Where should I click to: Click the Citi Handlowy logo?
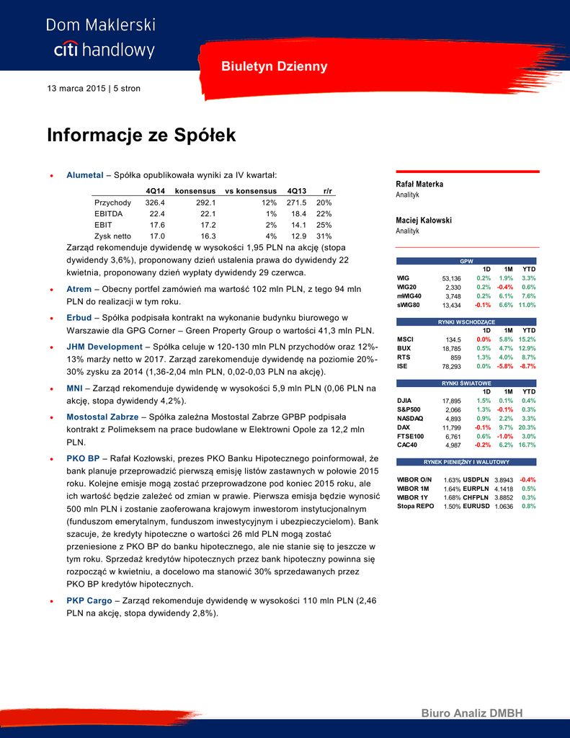pos(101,37)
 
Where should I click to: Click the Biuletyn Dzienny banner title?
pos(274,67)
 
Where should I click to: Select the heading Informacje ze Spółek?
pos(141,135)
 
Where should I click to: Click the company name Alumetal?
pos(85,175)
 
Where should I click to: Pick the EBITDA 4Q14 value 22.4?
pos(157,213)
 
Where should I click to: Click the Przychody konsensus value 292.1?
pos(206,203)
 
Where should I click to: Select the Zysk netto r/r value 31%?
pos(324,235)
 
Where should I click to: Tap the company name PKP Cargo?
pos(89,600)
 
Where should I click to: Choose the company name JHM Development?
pos(104,347)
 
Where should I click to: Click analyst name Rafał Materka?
pos(420,184)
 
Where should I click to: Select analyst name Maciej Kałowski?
pos(424,221)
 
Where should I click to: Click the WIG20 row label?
pos(407,287)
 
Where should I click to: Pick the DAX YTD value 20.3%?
pos(527,427)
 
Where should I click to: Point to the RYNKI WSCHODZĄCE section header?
pos(468,321)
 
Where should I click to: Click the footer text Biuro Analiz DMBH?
pos(472,713)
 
